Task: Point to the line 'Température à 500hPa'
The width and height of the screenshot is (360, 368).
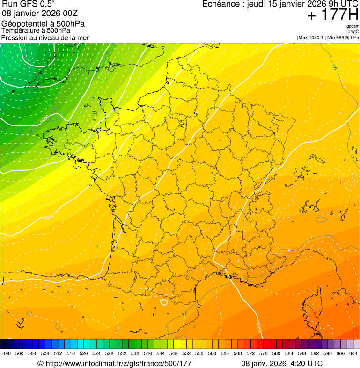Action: tap(36, 30)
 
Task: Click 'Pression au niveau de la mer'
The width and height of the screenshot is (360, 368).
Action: tap(45, 37)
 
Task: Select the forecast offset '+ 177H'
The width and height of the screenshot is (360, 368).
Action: tap(332, 15)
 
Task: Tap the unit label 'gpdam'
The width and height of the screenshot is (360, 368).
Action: tap(353, 26)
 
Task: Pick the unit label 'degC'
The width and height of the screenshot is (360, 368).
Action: tap(353, 32)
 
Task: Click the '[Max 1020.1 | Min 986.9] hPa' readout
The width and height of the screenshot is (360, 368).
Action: tap(328, 37)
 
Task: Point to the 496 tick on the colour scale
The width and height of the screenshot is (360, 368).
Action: tap(7, 353)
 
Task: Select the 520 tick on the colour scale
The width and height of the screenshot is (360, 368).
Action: tap(84, 353)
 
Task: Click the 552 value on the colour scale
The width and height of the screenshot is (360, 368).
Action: tap(187, 353)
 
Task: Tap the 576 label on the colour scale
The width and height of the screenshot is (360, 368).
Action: tap(264, 353)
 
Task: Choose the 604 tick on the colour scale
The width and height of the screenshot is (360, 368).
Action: tap(353, 353)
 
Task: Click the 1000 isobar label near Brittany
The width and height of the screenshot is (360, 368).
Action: tap(44, 119)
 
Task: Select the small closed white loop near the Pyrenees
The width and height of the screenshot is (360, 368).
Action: tap(164, 302)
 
